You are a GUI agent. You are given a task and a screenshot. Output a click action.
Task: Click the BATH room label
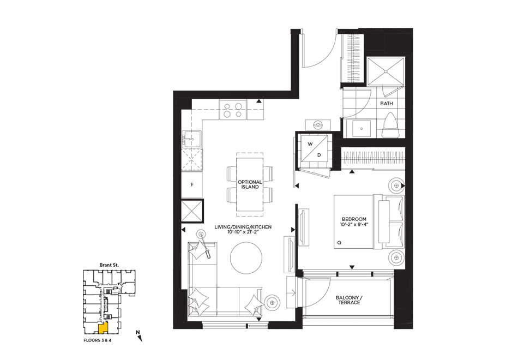tap(387, 104)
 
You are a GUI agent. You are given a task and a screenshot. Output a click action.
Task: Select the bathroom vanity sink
tap(362, 129)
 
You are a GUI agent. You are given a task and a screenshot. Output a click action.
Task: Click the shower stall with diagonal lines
tap(386, 71)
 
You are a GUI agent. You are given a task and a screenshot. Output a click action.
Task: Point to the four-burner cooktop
tap(233, 110)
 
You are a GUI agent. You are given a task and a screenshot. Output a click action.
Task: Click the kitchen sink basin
tap(191, 139)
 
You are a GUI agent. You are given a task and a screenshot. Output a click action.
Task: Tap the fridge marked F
tap(192, 185)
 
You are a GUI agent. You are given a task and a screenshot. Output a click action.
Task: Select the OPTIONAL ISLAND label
tap(250, 184)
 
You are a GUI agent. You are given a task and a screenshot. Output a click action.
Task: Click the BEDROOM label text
tap(354, 219)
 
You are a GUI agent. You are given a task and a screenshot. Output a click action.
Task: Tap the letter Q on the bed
tap(339, 243)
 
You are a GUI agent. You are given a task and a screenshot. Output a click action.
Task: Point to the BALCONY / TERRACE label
tap(349, 300)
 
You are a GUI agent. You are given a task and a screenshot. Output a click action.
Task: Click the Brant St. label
tap(109, 265)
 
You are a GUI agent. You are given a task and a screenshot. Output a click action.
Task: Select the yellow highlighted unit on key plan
tap(103, 328)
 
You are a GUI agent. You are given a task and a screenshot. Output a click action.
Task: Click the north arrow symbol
tap(139, 336)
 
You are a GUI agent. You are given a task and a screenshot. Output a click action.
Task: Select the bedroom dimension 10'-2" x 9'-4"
tap(354, 225)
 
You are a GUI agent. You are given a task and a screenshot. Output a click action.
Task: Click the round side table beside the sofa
tap(272, 302)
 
